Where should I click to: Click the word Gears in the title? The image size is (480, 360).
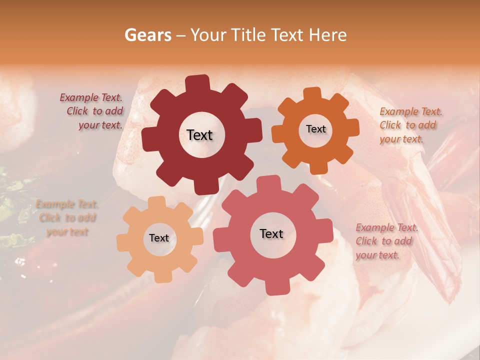[x=147, y=35]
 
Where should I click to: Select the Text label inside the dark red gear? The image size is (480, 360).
[x=199, y=135]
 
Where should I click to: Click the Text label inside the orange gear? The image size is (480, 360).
[x=315, y=129]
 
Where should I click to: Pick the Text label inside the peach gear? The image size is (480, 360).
[x=159, y=238]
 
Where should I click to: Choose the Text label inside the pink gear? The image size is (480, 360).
[x=271, y=233]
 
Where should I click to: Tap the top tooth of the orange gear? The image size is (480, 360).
[x=312, y=93]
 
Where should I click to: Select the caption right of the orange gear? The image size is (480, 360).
[x=410, y=125]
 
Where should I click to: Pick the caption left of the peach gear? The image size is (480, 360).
[x=67, y=218]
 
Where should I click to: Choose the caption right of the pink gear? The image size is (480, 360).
[x=386, y=241]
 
